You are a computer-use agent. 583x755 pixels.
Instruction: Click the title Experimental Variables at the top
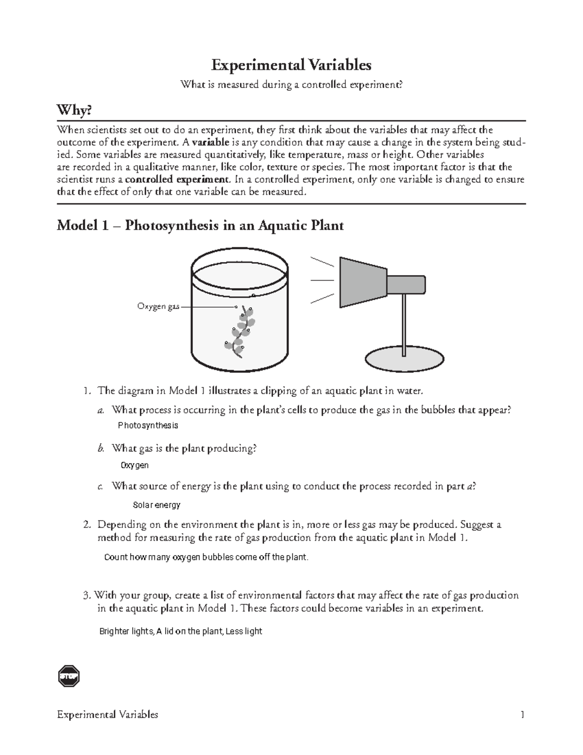pos(291,65)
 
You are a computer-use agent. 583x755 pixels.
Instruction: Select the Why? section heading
pos(74,111)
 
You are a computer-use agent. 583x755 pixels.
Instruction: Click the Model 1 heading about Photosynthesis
pos(200,226)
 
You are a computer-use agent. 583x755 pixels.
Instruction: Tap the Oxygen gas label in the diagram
pos(158,306)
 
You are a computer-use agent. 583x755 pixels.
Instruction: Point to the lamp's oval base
pos(404,360)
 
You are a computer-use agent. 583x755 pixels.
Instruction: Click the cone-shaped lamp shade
pos(362,282)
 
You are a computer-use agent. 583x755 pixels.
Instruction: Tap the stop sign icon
pos(69,676)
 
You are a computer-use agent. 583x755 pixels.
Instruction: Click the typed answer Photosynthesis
pos(148,425)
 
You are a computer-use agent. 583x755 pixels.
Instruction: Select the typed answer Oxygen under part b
pos(135,465)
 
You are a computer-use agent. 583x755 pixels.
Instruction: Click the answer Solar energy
pos(156,505)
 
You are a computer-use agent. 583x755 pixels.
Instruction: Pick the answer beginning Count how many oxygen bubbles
pos(206,557)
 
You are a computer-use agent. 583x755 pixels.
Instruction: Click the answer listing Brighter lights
pos(181,631)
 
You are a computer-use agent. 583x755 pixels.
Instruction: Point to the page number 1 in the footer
pos(522,715)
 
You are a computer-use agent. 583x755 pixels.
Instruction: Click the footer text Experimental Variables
pos(107,715)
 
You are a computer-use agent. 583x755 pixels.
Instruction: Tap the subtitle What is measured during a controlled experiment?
pos(291,85)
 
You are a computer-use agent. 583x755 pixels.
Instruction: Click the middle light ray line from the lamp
pos(322,281)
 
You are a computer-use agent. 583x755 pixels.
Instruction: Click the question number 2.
pos(87,525)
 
